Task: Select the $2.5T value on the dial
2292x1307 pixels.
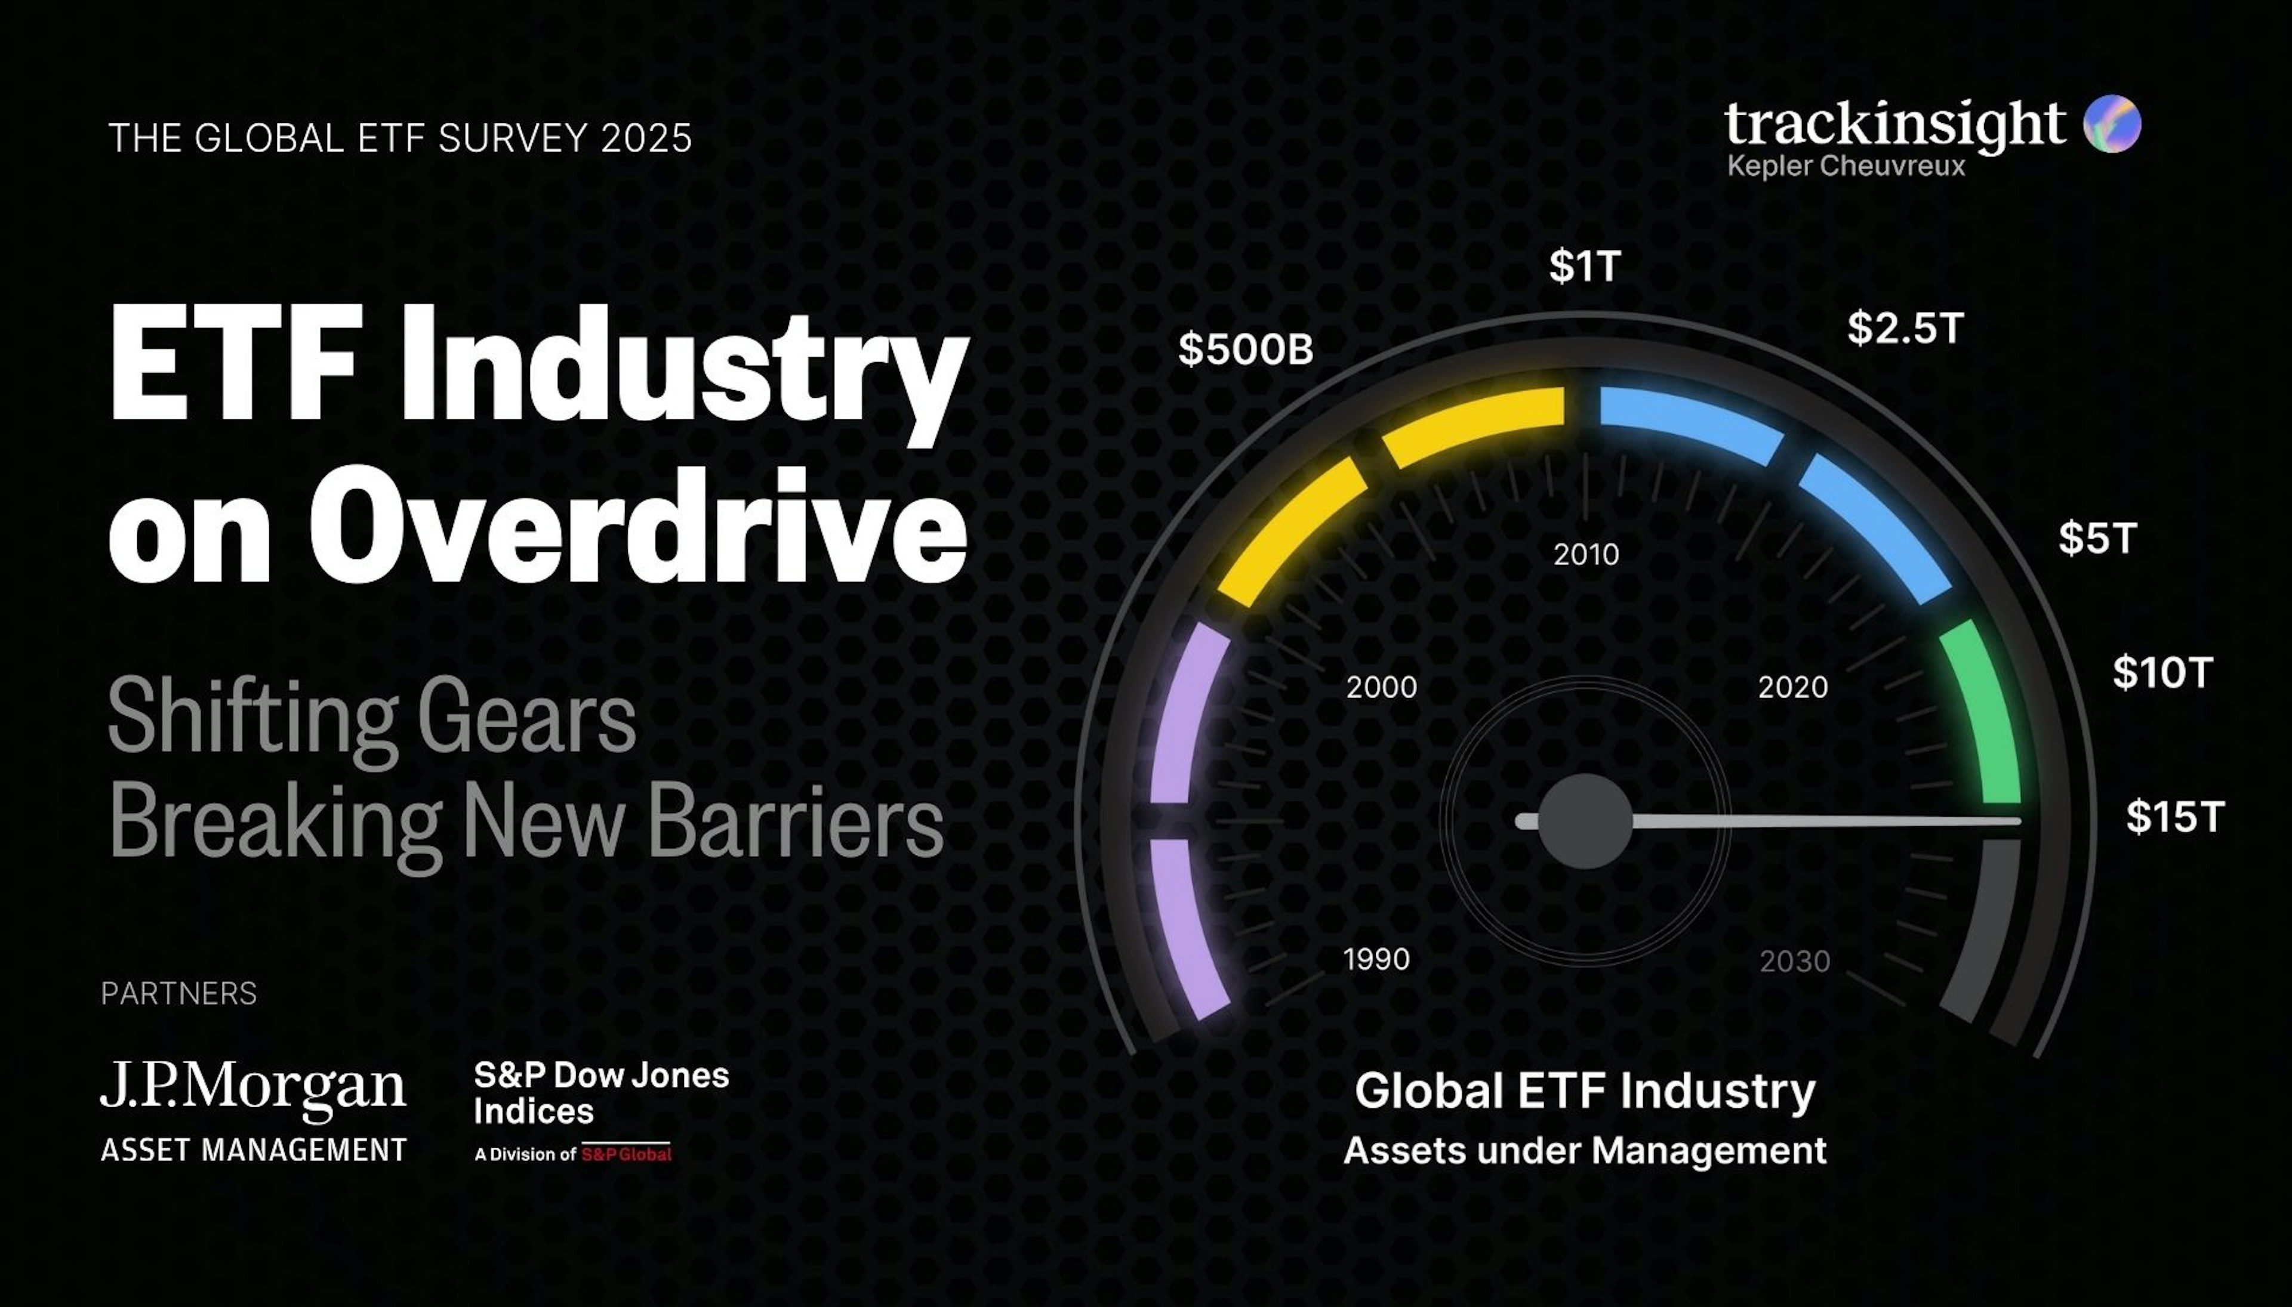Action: (1905, 329)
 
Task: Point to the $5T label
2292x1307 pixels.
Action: (2097, 539)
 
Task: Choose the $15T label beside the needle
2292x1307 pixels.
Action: (2174, 817)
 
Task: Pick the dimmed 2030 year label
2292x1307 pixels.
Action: (1794, 962)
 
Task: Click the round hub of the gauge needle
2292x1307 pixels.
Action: (1585, 821)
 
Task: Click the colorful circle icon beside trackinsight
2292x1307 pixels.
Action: (2112, 124)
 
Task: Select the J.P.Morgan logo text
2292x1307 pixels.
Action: (252, 1086)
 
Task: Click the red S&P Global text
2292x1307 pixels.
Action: (626, 1154)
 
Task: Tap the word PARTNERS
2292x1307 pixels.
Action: (178, 994)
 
